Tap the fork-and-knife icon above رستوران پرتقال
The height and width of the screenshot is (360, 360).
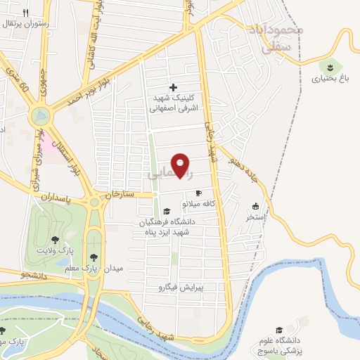pyautogui.click(x=25, y=13)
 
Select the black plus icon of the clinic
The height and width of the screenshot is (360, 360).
pyautogui.click(x=174, y=87)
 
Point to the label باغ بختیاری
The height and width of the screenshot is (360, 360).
pyautogui.click(x=328, y=79)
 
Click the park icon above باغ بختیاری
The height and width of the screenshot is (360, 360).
pyautogui.click(x=328, y=67)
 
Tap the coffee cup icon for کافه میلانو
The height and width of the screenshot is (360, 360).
pyautogui.click(x=198, y=193)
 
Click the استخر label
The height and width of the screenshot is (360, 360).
pyautogui.click(x=255, y=217)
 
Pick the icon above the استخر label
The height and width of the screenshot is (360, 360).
pyautogui.click(x=255, y=207)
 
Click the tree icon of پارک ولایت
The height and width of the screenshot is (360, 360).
pyautogui.click(x=55, y=240)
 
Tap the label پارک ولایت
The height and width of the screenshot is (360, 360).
pyautogui.click(x=56, y=251)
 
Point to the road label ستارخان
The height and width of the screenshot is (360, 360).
pyautogui.click(x=119, y=193)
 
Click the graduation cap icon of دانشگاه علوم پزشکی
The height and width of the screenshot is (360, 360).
pyautogui.click(x=278, y=330)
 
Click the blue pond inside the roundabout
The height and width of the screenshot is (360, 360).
pyautogui.click(x=41, y=113)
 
